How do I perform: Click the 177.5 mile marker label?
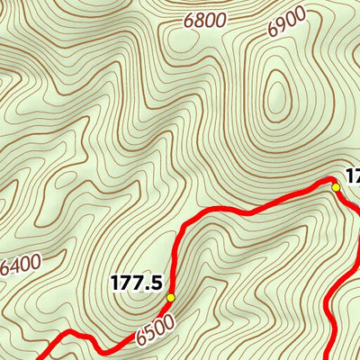(136, 283)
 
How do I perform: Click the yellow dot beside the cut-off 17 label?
(336, 187)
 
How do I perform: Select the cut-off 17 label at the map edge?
(351, 176)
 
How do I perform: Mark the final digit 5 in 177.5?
(156, 283)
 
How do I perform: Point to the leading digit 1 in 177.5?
(115, 283)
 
